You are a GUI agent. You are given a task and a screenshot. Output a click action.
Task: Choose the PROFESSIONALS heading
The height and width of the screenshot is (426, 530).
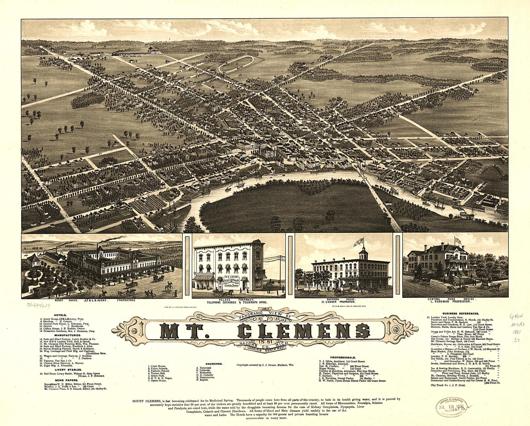tap(343, 357)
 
